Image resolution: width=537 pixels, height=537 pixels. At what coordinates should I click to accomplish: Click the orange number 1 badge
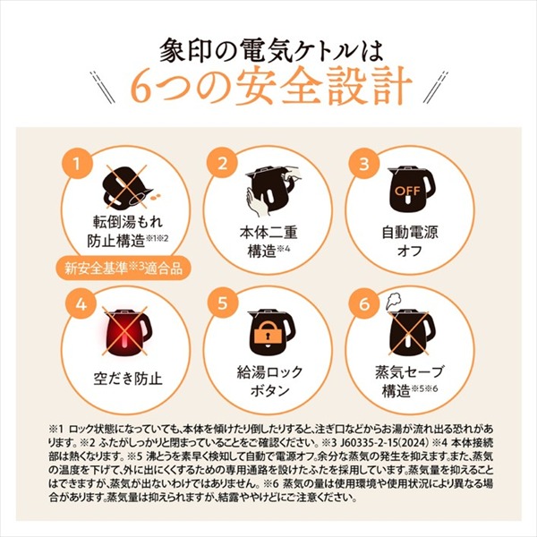(77, 164)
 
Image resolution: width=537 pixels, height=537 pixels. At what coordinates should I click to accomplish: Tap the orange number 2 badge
(223, 164)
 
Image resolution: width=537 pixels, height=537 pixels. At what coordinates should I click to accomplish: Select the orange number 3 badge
(364, 164)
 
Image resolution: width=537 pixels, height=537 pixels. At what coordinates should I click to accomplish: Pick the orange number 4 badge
(81, 303)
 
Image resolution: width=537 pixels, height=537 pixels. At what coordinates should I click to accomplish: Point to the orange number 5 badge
(223, 303)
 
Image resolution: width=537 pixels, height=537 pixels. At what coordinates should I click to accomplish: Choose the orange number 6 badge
(364, 303)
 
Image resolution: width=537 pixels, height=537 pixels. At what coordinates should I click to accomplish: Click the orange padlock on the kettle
(268, 334)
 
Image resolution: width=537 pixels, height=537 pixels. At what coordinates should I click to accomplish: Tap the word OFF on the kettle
(407, 192)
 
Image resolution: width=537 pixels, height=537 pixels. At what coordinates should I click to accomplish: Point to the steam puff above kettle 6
(393, 301)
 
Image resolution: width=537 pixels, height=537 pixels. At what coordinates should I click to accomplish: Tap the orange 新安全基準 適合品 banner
(124, 268)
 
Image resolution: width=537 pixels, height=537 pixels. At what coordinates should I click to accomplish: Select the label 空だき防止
(128, 379)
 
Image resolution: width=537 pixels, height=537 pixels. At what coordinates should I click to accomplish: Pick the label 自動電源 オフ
(410, 242)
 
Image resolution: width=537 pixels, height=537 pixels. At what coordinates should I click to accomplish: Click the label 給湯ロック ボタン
(269, 381)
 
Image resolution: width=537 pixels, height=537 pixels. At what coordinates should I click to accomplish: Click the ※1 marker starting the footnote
(57, 429)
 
